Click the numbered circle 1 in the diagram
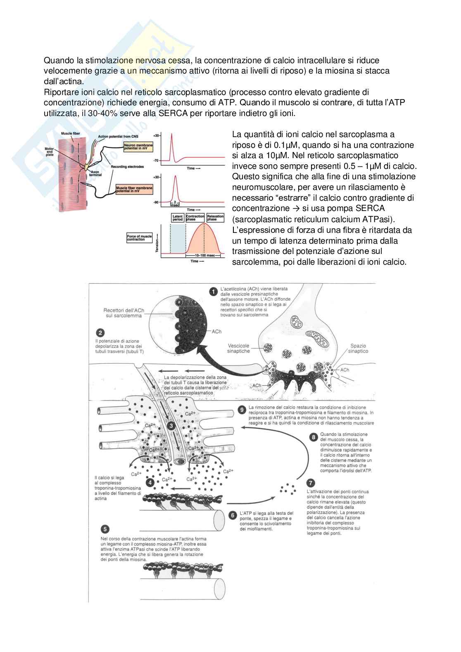click(214, 292)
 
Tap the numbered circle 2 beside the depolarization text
click(100, 333)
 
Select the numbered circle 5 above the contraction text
click(105, 529)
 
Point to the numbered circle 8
click(314, 437)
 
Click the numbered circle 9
click(243, 410)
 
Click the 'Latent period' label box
click(177, 218)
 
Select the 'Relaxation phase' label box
click(215, 218)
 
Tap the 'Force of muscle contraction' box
click(140, 237)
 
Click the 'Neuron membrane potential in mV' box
click(138, 146)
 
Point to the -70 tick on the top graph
click(156, 160)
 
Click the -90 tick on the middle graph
click(156, 202)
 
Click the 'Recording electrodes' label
click(127, 167)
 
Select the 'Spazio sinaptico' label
click(358, 349)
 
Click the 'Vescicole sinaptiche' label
click(238, 348)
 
